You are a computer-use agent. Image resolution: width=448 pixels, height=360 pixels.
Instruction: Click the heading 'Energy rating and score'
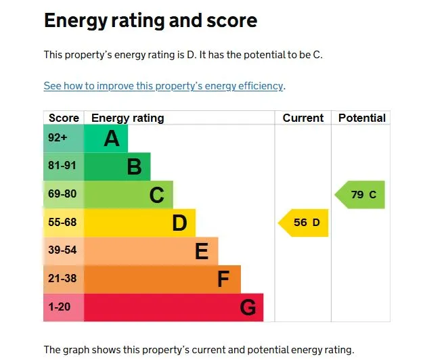(150, 20)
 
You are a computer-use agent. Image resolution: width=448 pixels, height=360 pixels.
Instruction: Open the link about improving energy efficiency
(164, 86)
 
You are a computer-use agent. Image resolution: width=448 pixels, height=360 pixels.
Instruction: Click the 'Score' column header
(64, 118)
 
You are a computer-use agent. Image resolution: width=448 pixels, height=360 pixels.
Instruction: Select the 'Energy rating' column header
(127, 118)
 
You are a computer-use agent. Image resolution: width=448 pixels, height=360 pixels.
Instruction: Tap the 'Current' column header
(303, 118)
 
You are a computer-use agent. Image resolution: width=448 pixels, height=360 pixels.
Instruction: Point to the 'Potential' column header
(361, 118)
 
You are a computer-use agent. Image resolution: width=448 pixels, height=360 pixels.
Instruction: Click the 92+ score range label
(58, 138)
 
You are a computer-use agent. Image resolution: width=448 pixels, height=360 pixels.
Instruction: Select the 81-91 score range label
(62, 166)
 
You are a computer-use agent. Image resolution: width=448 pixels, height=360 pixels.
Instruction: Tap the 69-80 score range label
(62, 194)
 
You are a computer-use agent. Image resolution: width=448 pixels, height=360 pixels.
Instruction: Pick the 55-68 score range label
(62, 222)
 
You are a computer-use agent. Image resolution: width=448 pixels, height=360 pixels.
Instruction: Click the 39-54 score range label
(62, 250)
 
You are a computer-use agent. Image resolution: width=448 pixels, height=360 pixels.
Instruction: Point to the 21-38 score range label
(62, 279)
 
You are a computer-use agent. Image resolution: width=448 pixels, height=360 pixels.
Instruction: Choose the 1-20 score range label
(59, 307)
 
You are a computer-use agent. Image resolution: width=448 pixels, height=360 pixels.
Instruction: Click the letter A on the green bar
(111, 139)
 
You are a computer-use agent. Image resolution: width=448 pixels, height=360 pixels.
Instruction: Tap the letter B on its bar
(134, 166)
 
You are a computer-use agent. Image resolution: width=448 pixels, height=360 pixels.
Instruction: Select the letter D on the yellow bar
(179, 223)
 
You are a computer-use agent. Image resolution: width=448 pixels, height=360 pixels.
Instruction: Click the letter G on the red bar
(248, 308)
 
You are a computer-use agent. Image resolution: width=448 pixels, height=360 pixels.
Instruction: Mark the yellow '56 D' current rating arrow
(305, 223)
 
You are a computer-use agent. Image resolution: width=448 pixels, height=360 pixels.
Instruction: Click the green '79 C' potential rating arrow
(361, 195)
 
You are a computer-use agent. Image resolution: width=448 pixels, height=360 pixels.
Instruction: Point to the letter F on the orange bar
(223, 279)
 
